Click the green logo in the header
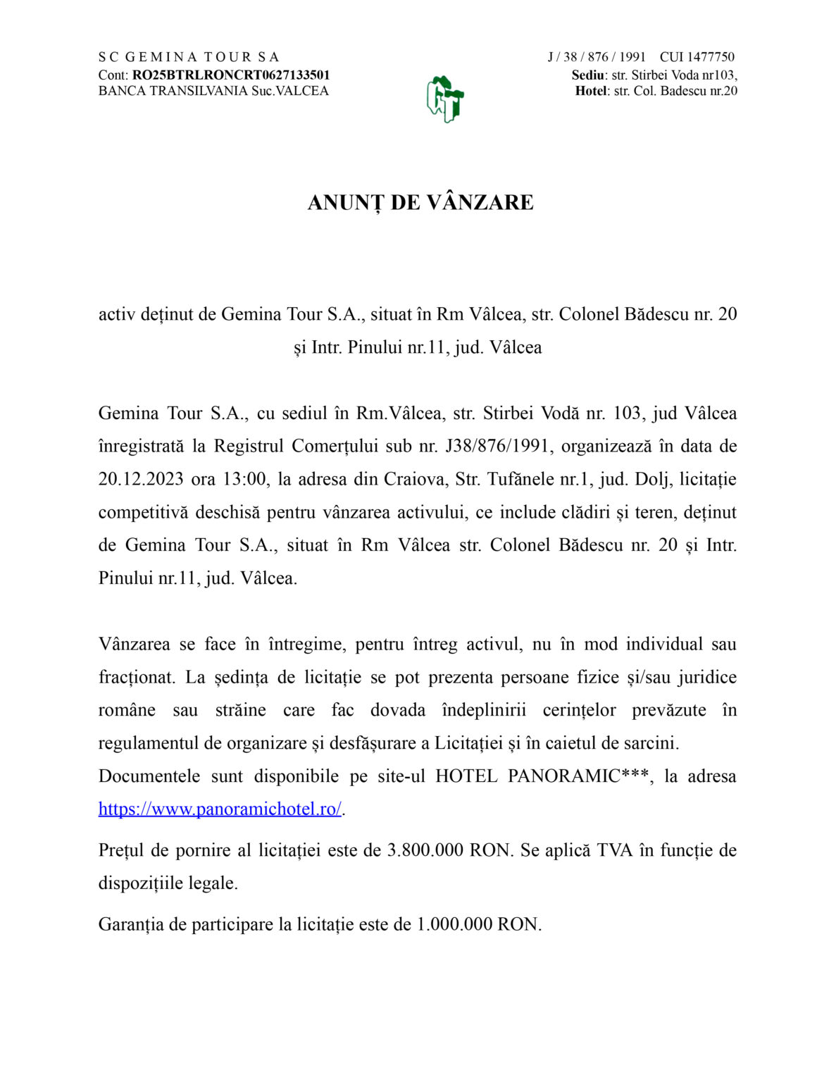click(444, 99)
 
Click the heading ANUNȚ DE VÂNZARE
click(420, 202)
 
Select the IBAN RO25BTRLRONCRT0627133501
click(231, 75)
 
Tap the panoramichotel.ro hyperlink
click(220, 809)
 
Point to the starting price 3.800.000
click(426, 850)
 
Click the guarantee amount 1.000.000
click(454, 924)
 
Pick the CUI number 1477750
click(711, 57)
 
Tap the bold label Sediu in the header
click(587, 75)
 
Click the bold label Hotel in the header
click(591, 91)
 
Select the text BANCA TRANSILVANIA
click(173, 91)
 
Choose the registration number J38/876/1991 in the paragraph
click(497, 446)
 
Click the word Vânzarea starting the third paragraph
click(135, 644)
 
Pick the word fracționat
click(136, 677)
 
